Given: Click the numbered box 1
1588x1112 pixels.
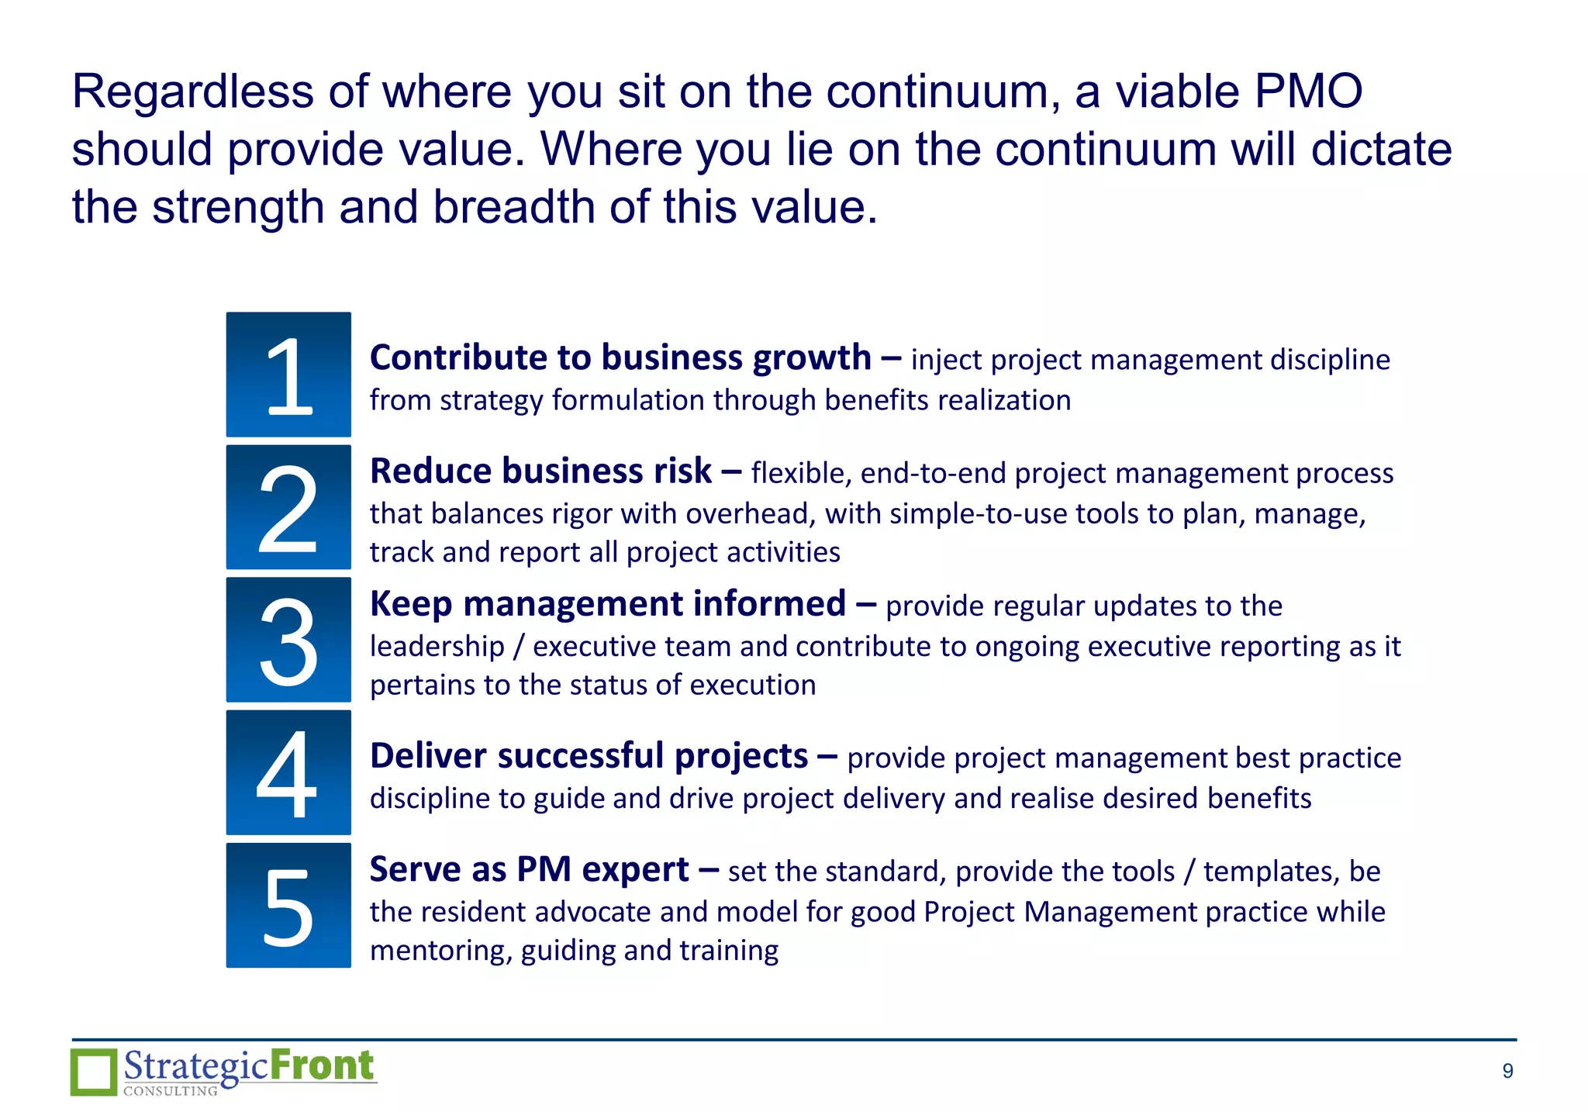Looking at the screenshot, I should pos(288,375).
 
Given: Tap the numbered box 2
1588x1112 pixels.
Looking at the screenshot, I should pos(288,507).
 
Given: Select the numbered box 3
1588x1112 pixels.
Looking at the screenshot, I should pos(288,640).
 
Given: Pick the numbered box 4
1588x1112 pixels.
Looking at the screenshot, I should pos(288,772).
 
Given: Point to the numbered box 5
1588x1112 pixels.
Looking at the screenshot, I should pos(288,905).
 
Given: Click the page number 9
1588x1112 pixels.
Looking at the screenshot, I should pos(1507,1071).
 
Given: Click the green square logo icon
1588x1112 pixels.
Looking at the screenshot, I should pos(94,1072).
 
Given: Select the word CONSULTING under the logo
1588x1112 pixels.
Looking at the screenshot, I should pos(171,1091).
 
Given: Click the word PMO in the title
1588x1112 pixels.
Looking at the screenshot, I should pos(1308,92).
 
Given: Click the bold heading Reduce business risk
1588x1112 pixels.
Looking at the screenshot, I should pos(540,471).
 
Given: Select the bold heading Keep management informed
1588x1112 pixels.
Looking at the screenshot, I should pos(607,604).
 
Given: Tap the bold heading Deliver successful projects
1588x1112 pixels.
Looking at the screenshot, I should pos(589,756).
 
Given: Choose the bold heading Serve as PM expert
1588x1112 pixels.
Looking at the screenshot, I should pos(529,870).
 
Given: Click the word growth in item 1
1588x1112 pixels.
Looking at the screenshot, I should pos(812,358).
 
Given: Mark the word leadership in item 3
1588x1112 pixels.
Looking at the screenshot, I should pos(437,647).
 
